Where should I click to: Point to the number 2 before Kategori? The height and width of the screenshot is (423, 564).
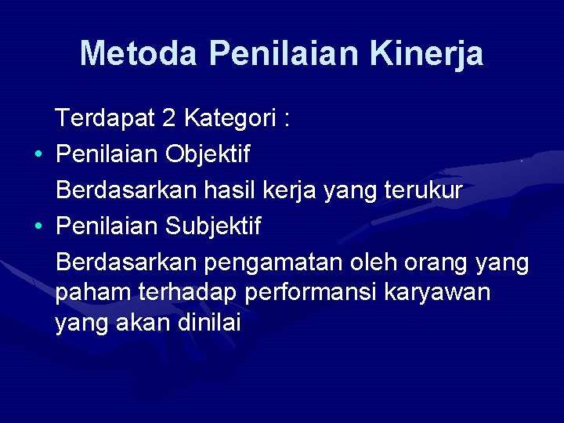point(168,118)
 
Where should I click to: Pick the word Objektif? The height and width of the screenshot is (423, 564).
point(208,154)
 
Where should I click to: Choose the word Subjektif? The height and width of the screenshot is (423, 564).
point(213,226)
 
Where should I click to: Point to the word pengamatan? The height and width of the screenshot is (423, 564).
point(270,262)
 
